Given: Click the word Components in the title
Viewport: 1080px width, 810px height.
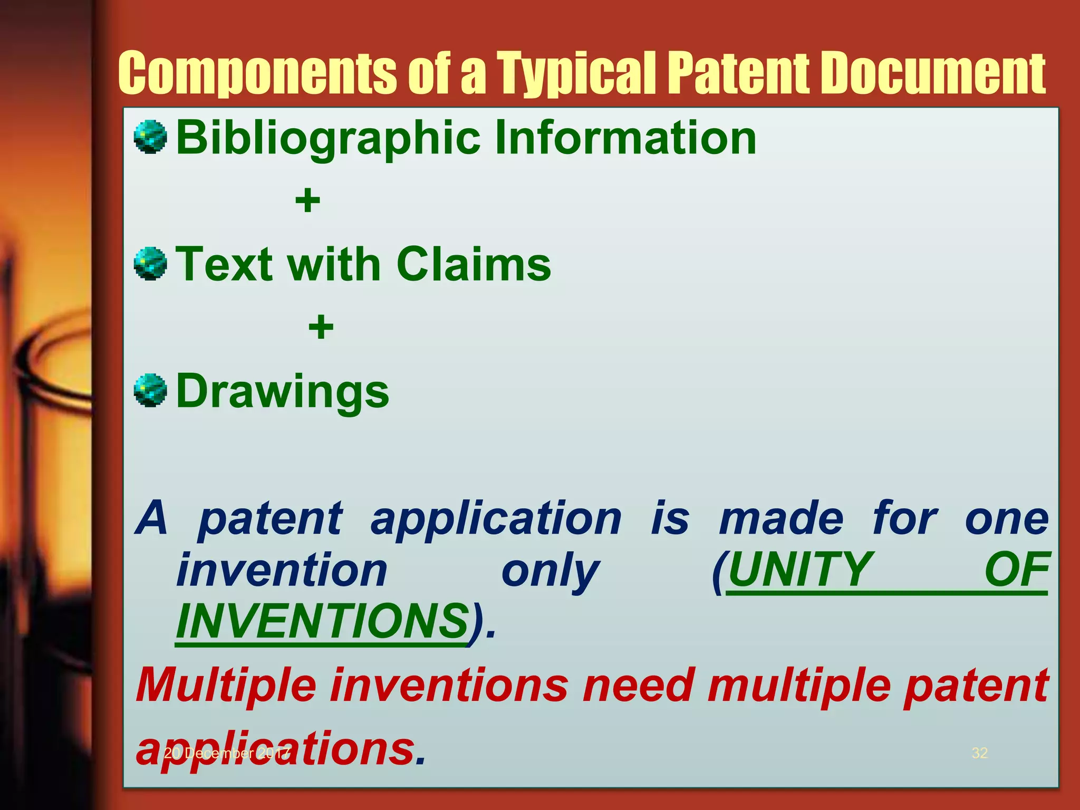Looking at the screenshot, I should click(x=256, y=74).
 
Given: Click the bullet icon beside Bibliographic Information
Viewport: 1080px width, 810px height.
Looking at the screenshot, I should click(x=150, y=137).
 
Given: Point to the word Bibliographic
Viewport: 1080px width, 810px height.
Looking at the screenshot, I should click(x=327, y=138).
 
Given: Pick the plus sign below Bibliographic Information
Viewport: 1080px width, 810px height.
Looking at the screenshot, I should click(x=307, y=201).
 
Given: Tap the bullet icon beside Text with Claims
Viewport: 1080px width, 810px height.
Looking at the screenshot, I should click(x=150, y=264).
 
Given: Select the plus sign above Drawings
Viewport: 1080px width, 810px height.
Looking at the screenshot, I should click(x=321, y=327).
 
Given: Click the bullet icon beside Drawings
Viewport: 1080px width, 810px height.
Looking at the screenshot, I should click(x=150, y=390).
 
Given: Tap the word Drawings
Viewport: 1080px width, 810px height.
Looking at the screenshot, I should click(x=282, y=391).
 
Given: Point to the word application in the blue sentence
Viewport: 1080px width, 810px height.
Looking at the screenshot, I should click(x=496, y=519).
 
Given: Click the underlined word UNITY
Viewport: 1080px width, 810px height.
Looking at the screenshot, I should click(x=799, y=570).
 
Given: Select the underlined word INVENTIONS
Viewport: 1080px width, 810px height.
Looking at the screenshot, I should click(x=322, y=621).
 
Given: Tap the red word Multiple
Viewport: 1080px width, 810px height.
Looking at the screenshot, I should click(x=226, y=686).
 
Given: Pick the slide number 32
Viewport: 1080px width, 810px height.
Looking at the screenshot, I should click(x=979, y=753).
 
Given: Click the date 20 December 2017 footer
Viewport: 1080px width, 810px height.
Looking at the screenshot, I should click(x=227, y=753).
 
